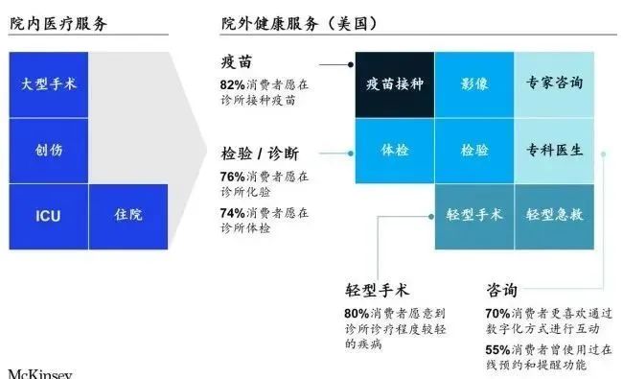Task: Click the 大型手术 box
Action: (x=48, y=84)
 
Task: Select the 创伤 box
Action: (x=48, y=151)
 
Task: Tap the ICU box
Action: (x=48, y=216)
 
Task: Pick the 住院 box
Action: (x=127, y=216)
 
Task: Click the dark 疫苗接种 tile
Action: (x=394, y=84)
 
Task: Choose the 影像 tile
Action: (x=473, y=84)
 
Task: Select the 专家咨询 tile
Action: (x=554, y=84)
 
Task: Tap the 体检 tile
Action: (x=394, y=151)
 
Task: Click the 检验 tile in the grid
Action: (x=473, y=151)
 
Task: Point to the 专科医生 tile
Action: (x=554, y=151)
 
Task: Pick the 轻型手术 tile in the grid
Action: (x=473, y=216)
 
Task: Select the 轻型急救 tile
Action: (x=554, y=216)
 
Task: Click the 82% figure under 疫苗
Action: (x=233, y=84)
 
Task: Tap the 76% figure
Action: (x=233, y=177)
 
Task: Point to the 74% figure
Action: (x=233, y=214)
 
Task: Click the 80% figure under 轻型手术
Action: (x=357, y=313)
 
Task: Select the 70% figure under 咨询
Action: (x=497, y=313)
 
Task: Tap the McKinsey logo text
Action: (x=40, y=372)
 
